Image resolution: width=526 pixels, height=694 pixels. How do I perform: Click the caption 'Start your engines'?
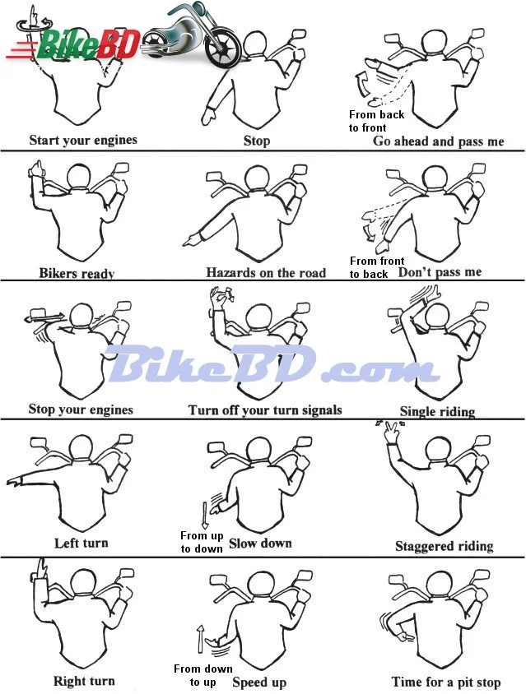pyautogui.click(x=83, y=141)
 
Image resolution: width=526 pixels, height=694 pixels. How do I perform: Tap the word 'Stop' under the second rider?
pyautogui.click(x=257, y=141)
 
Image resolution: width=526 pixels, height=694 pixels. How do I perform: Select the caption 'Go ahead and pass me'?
pyautogui.click(x=438, y=141)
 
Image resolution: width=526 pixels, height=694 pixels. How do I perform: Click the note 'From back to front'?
pyautogui.click(x=376, y=121)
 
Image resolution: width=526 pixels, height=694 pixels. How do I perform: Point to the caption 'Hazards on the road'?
pyautogui.click(x=266, y=272)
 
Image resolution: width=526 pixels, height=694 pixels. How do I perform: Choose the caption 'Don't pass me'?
pyautogui.click(x=440, y=271)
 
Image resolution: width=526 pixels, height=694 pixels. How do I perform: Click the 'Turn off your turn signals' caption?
pyautogui.click(x=265, y=409)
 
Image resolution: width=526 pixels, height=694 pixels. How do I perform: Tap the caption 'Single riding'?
pyautogui.click(x=437, y=412)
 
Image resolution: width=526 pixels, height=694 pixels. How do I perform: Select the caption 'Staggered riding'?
pyautogui.click(x=444, y=546)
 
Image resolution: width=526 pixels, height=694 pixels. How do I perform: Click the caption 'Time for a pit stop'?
pyautogui.click(x=446, y=682)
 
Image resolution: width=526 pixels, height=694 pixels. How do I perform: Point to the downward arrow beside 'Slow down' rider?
pyautogui.click(x=204, y=516)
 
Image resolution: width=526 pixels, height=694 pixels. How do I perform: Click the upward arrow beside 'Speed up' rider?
pyautogui.click(x=201, y=639)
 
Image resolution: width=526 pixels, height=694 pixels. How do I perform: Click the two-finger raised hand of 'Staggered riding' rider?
pyautogui.click(x=392, y=432)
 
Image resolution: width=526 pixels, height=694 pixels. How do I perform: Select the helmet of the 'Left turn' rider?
pyautogui.click(x=81, y=448)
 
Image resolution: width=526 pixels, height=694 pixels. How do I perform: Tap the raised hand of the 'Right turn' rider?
pyautogui.click(x=41, y=569)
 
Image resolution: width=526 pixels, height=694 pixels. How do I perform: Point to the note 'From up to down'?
pyautogui.click(x=201, y=542)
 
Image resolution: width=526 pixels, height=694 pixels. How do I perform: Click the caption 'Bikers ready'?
pyautogui.click(x=77, y=273)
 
